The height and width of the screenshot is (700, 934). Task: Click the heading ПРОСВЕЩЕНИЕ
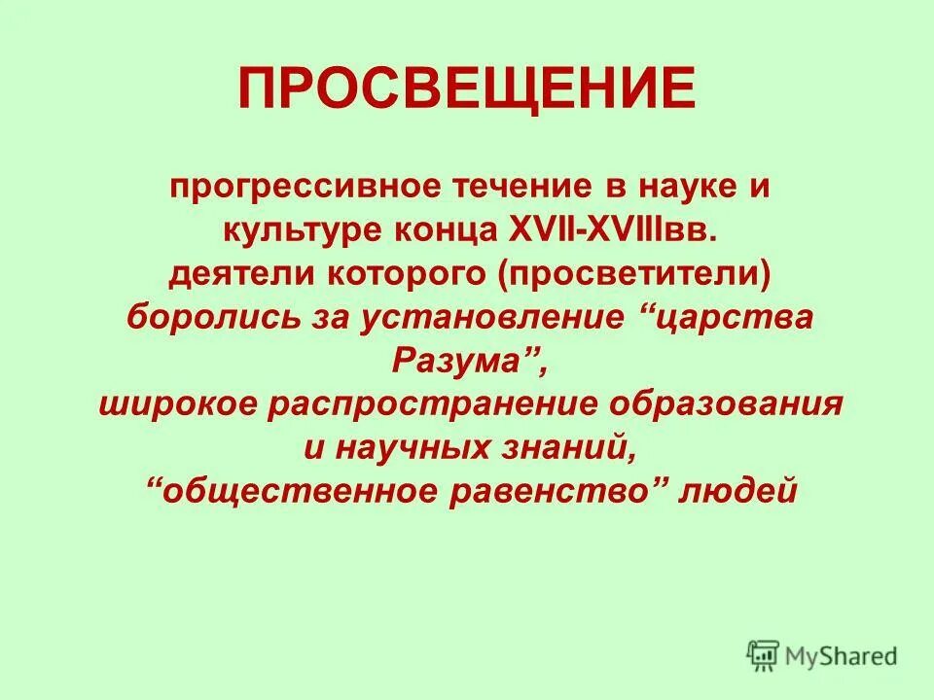(467, 88)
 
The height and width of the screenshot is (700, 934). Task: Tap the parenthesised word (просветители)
(635, 275)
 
